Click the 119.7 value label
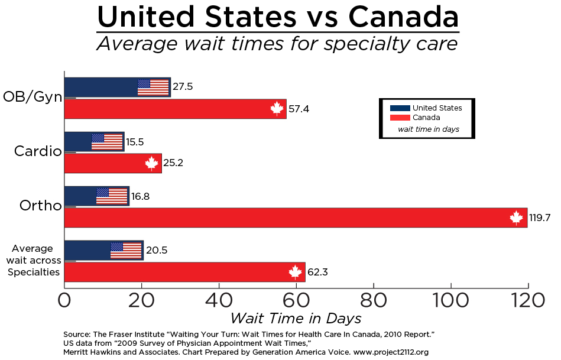click(540, 218)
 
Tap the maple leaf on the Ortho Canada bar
click(517, 218)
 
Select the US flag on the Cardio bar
click(107, 142)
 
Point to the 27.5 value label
click(182, 87)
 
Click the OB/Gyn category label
click(33, 96)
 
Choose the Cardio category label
click(38, 151)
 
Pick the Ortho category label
click(40, 206)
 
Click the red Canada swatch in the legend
click(400, 117)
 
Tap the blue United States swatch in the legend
click(400, 108)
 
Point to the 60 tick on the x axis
click(296, 300)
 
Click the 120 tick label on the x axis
click(527, 300)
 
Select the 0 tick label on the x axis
click(64, 300)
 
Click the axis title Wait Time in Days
click(296, 319)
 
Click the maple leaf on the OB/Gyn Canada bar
click(277, 109)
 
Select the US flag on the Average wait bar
click(125, 251)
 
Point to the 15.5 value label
click(135, 142)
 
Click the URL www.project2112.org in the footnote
click(391, 352)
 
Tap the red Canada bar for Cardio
click(112, 163)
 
